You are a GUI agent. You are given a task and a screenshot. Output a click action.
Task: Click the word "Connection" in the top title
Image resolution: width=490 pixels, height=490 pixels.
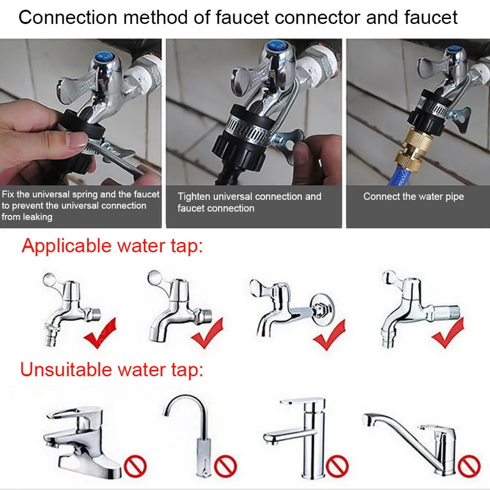[x=68, y=17]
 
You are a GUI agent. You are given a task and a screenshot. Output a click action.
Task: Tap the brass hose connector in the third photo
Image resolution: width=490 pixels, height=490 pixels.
[x=413, y=147]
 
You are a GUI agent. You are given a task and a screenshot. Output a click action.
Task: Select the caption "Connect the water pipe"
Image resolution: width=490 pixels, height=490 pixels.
[x=413, y=197]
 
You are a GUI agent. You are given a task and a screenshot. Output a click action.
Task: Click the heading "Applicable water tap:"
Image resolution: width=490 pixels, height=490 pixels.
[x=112, y=246]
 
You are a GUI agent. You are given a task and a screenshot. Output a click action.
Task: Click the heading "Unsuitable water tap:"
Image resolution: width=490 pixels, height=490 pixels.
[x=111, y=369]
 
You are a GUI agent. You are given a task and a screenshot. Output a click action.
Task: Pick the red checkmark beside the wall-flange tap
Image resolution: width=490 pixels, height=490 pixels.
[x=330, y=334]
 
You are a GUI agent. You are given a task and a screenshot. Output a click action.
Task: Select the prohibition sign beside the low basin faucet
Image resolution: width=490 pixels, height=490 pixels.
[x=135, y=466]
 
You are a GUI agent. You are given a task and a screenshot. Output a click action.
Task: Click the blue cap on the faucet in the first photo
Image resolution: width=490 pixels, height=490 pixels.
[x=104, y=57]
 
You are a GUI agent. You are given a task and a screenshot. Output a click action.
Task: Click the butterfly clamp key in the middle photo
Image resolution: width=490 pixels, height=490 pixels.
[x=288, y=141]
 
